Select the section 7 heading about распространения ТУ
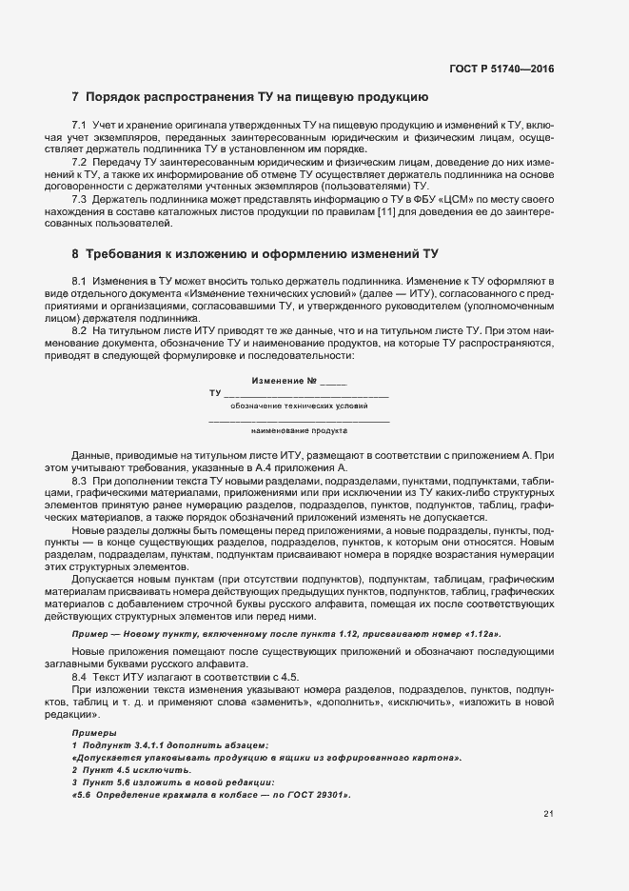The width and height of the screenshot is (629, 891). click(x=250, y=97)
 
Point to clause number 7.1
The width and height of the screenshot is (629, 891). click(x=79, y=126)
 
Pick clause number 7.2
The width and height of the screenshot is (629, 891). click(x=79, y=163)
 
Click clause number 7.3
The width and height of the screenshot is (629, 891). click(x=79, y=199)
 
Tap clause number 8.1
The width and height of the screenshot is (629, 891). click(x=79, y=283)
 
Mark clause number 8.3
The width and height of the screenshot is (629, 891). click(x=79, y=482)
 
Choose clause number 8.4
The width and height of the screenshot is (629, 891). click(x=79, y=674)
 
